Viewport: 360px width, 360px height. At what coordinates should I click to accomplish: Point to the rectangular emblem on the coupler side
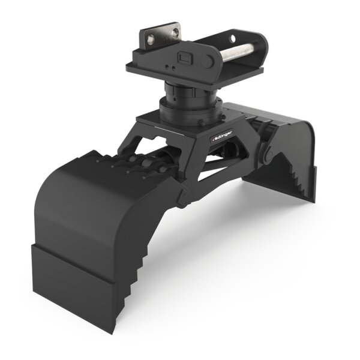(185, 59)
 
